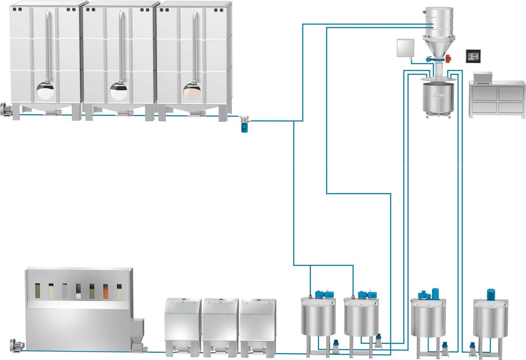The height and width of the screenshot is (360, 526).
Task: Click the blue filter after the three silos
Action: coord(245,125)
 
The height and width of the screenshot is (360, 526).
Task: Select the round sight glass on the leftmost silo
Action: coord(45,91)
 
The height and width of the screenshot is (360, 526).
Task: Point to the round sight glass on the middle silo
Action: coord(119,91)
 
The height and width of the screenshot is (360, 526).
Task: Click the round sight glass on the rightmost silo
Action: coord(192,91)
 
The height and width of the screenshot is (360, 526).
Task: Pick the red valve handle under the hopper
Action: coord(449,58)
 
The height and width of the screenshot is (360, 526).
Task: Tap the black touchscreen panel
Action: coord(473,56)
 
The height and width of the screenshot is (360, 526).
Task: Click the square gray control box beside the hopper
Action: coord(406,48)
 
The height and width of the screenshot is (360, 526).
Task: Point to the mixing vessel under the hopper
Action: coord(436,98)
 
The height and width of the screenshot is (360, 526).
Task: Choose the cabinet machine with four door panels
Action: coord(497,99)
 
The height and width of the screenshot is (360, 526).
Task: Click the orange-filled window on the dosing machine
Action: coord(106,291)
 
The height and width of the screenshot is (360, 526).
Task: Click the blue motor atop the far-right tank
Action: coord(490,294)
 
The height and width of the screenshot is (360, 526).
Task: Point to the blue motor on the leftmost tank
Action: coord(321,294)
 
